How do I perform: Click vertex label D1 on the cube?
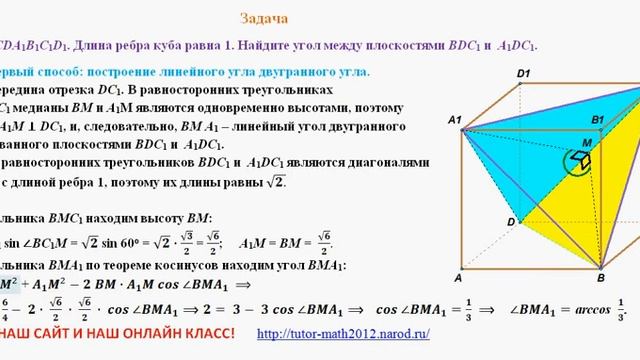click(523, 73)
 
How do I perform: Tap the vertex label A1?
click(454, 121)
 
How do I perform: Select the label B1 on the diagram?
click(598, 120)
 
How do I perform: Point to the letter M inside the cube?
click(586, 143)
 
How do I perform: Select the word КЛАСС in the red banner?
click(201, 332)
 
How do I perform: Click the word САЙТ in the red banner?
click(51, 332)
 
